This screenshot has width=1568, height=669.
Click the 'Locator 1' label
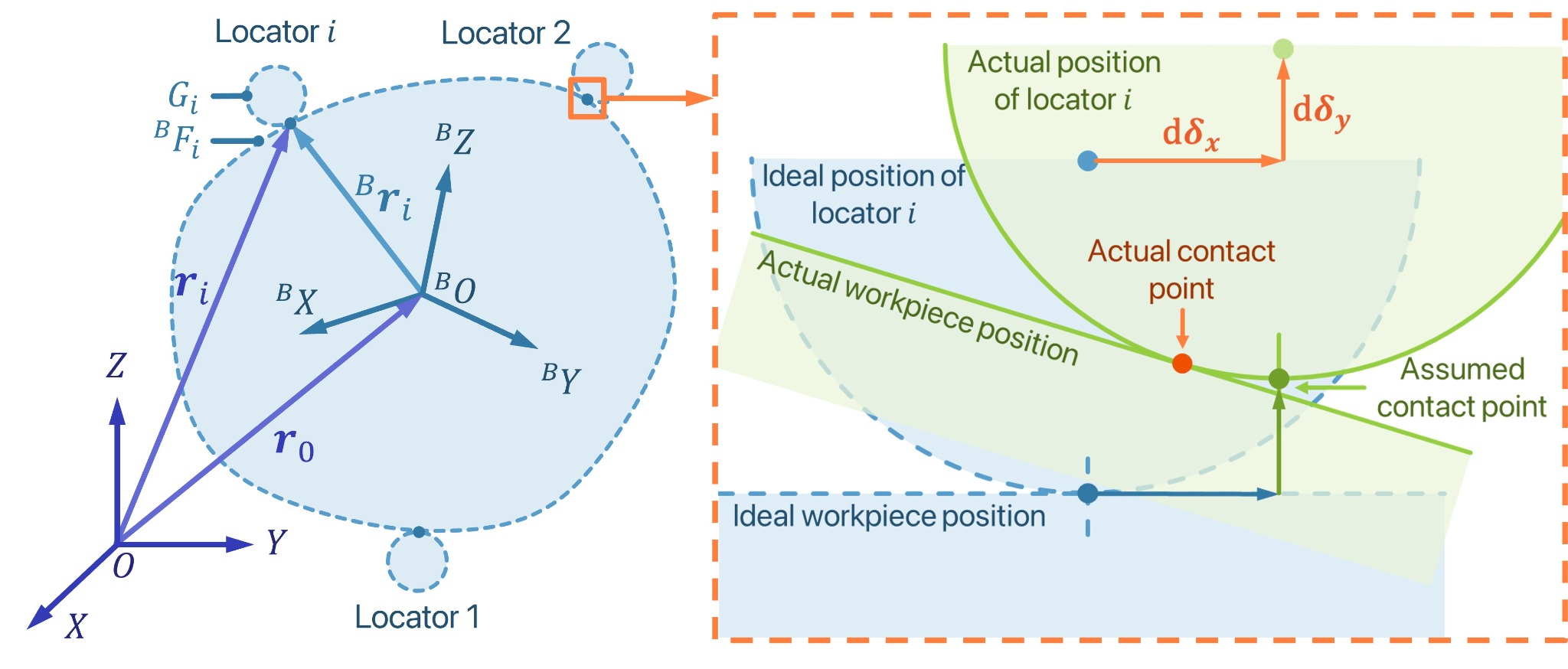coord(417,617)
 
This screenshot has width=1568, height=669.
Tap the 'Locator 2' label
coord(506,33)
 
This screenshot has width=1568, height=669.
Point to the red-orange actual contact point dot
coord(1182,363)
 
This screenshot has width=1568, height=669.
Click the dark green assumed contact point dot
coord(1279,378)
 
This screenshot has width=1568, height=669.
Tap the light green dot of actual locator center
coord(1283,49)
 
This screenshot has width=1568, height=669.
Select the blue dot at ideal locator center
coord(1087,161)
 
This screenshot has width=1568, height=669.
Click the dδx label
coord(1191,134)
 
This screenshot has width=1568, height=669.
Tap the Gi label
coord(183,97)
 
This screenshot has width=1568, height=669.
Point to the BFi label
coord(177,139)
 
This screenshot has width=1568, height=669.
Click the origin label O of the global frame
coord(123,566)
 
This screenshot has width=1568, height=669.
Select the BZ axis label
coord(455,139)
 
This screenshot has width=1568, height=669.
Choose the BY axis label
coord(561,378)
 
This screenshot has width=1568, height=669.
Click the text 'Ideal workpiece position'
coord(889,517)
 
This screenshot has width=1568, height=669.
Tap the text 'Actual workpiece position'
coord(918,308)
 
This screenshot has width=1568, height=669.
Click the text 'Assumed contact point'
coord(1462,388)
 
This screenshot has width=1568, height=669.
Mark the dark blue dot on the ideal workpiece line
coord(1087,494)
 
